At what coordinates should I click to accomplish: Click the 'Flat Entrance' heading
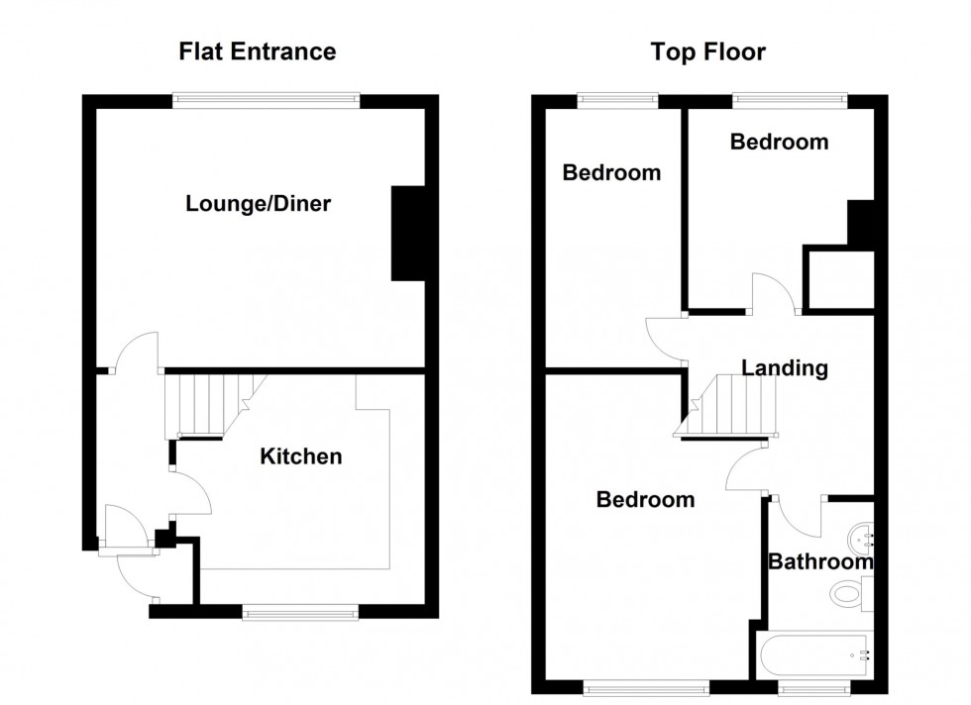click(x=257, y=51)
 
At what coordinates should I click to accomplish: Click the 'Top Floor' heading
click(x=707, y=51)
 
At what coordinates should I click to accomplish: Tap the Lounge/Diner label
click(x=258, y=205)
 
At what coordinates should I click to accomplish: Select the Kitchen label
click(x=300, y=456)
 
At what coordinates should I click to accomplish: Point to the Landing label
click(x=785, y=368)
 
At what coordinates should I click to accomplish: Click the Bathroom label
click(x=820, y=562)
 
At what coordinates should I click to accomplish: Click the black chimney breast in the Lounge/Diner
click(x=407, y=234)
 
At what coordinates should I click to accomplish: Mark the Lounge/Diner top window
click(x=266, y=99)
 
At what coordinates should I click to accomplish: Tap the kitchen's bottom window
click(x=300, y=614)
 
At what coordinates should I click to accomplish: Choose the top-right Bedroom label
click(x=779, y=142)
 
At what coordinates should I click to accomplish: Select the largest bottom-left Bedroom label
click(x=645, y=500)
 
